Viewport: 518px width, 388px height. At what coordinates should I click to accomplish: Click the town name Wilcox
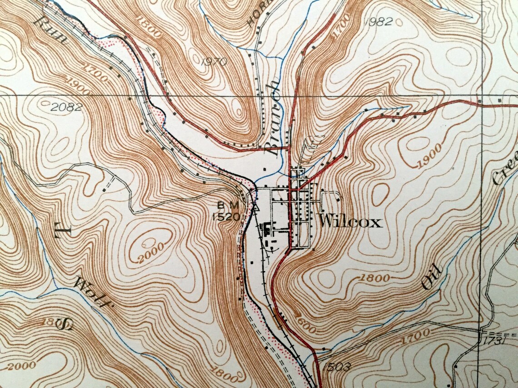(350, 222)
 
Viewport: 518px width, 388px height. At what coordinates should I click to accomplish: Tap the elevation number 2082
(66, 108)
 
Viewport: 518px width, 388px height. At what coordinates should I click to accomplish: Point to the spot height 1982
(378, 22)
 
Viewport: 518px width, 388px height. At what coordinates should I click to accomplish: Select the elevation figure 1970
(213, 62)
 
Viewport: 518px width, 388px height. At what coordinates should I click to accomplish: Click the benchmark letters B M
(229, 206)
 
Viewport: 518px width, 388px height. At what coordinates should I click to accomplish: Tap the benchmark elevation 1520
(226, 217)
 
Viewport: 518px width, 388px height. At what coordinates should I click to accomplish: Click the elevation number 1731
(494, 340)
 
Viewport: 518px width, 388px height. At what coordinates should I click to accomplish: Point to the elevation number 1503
(337, 367)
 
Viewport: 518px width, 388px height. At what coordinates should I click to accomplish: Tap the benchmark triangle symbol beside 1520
(255, 208)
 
